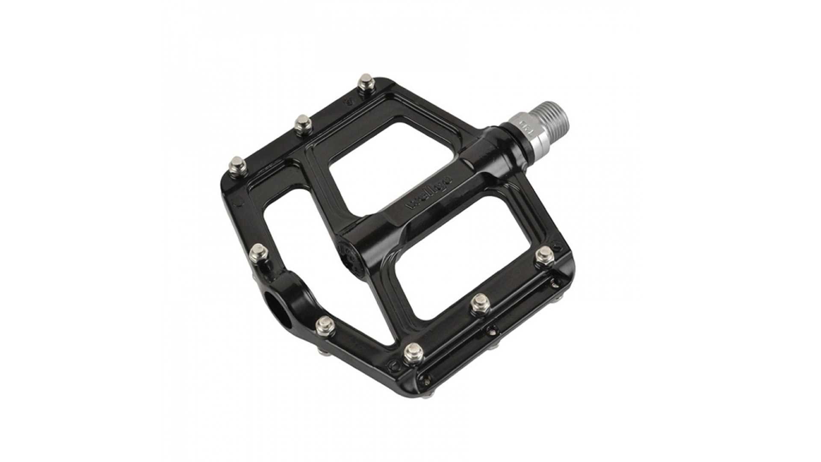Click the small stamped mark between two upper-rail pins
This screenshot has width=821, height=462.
[x=348, y=102]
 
